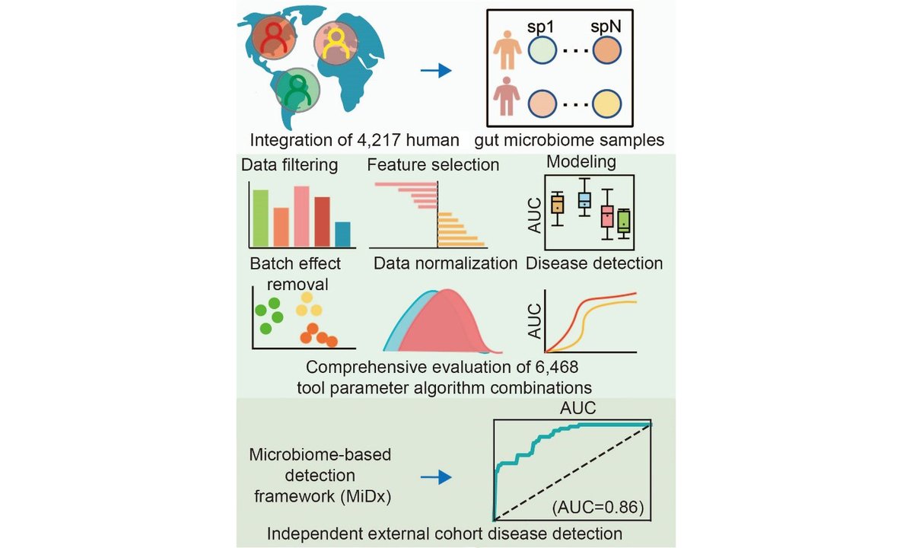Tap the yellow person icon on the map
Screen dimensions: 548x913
pyautogui.click(x=336, y=43)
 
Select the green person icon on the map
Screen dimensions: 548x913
pyautogui.click(x=297, y=91)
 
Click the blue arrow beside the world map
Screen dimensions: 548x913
pyautogui.click(x=435, y=71)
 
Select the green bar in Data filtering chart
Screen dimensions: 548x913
pyautogui.click(x=260, y=218)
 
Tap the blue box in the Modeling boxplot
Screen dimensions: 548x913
pyautogui.click(x=584, y=200)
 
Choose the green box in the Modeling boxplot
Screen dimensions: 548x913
pyautogui.click(x=624, y=220)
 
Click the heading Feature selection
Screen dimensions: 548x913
pyautogui.click(x=433, y=164)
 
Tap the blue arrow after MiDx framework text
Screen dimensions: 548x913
pyautogui.click(x=435, y=477)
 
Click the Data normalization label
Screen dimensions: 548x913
pyautogui.click(x=445, y=263)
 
